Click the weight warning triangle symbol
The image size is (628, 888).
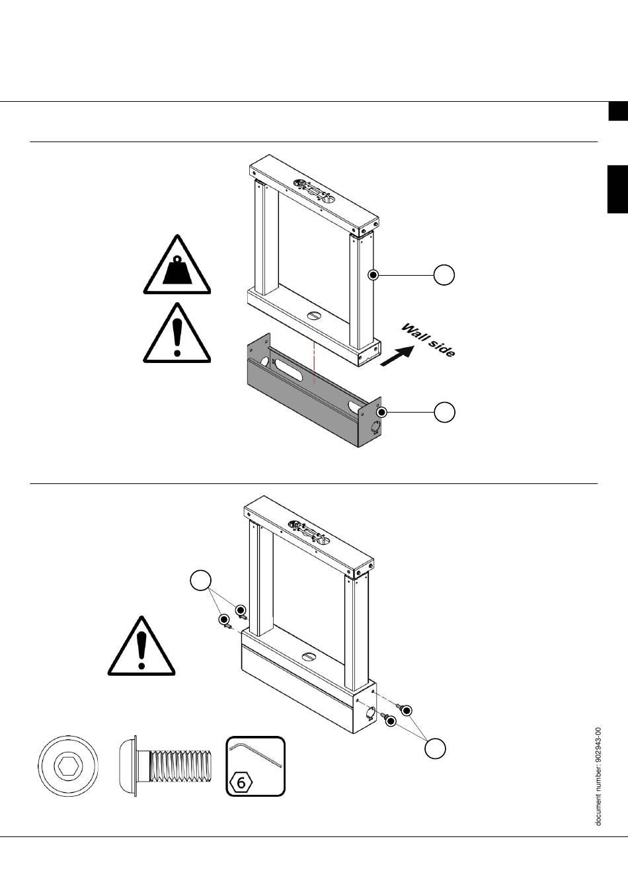tap(177, 266)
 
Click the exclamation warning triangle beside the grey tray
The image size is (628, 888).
tap(177, 333)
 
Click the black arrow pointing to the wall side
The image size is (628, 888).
tap(397, 356)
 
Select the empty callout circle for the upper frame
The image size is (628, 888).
tap(444, 274)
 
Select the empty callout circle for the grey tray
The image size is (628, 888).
tap(444, 413)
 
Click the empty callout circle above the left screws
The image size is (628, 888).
tap(200, 581)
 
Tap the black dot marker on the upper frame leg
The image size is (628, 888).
tap(373, 274)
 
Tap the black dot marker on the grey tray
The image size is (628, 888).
tap(382, 413)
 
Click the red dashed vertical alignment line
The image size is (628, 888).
tap(314, 362)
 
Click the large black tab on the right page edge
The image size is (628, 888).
tap(617, 190)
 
